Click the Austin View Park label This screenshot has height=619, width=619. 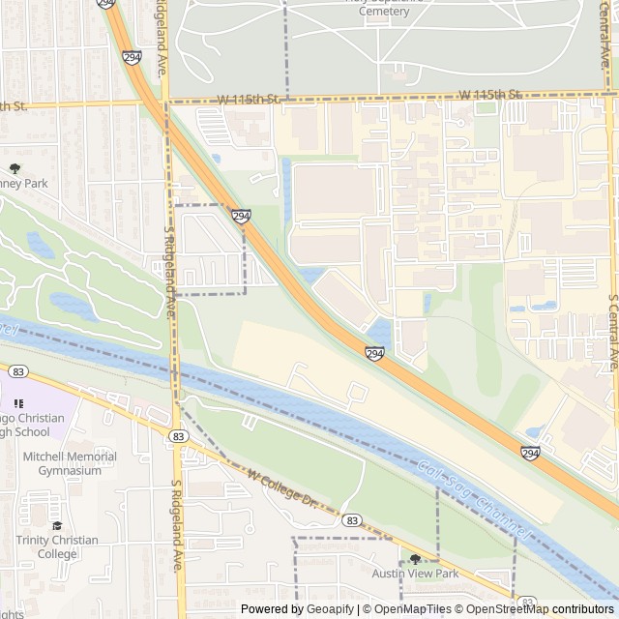point(415,574)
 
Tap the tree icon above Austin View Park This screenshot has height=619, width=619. point(415,559)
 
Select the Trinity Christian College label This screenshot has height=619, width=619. point(56,546)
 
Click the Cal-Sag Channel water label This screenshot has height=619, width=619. point(473,498)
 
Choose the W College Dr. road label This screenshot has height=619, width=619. point(281,488)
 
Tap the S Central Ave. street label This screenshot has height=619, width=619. point(613,333)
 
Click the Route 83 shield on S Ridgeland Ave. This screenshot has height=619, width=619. point(177,437)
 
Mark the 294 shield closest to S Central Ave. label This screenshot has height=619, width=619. point(530,452)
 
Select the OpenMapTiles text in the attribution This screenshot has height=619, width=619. point(404,609)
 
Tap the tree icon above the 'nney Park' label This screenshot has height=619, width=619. point(14,169)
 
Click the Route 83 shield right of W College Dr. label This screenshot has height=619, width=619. point(351,520)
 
